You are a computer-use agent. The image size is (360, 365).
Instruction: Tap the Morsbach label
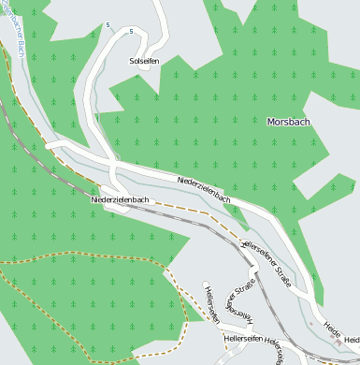(x=288, y=122)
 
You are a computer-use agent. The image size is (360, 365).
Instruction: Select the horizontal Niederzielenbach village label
(x=121, y=200)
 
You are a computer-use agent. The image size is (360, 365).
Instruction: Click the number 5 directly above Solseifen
(x=132, y=32)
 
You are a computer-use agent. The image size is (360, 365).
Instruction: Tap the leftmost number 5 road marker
(x=108, y=24)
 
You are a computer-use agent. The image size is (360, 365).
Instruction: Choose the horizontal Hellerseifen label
(x=242, y=337)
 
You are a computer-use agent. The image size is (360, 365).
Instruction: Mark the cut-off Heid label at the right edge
(x=351, y=339)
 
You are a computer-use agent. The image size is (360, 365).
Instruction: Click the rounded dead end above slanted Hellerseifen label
(x=206, y=284)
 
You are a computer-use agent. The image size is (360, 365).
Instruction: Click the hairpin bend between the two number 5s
(x=120, y=28)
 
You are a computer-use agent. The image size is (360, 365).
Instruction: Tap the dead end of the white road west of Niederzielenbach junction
(x=49, y=145)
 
